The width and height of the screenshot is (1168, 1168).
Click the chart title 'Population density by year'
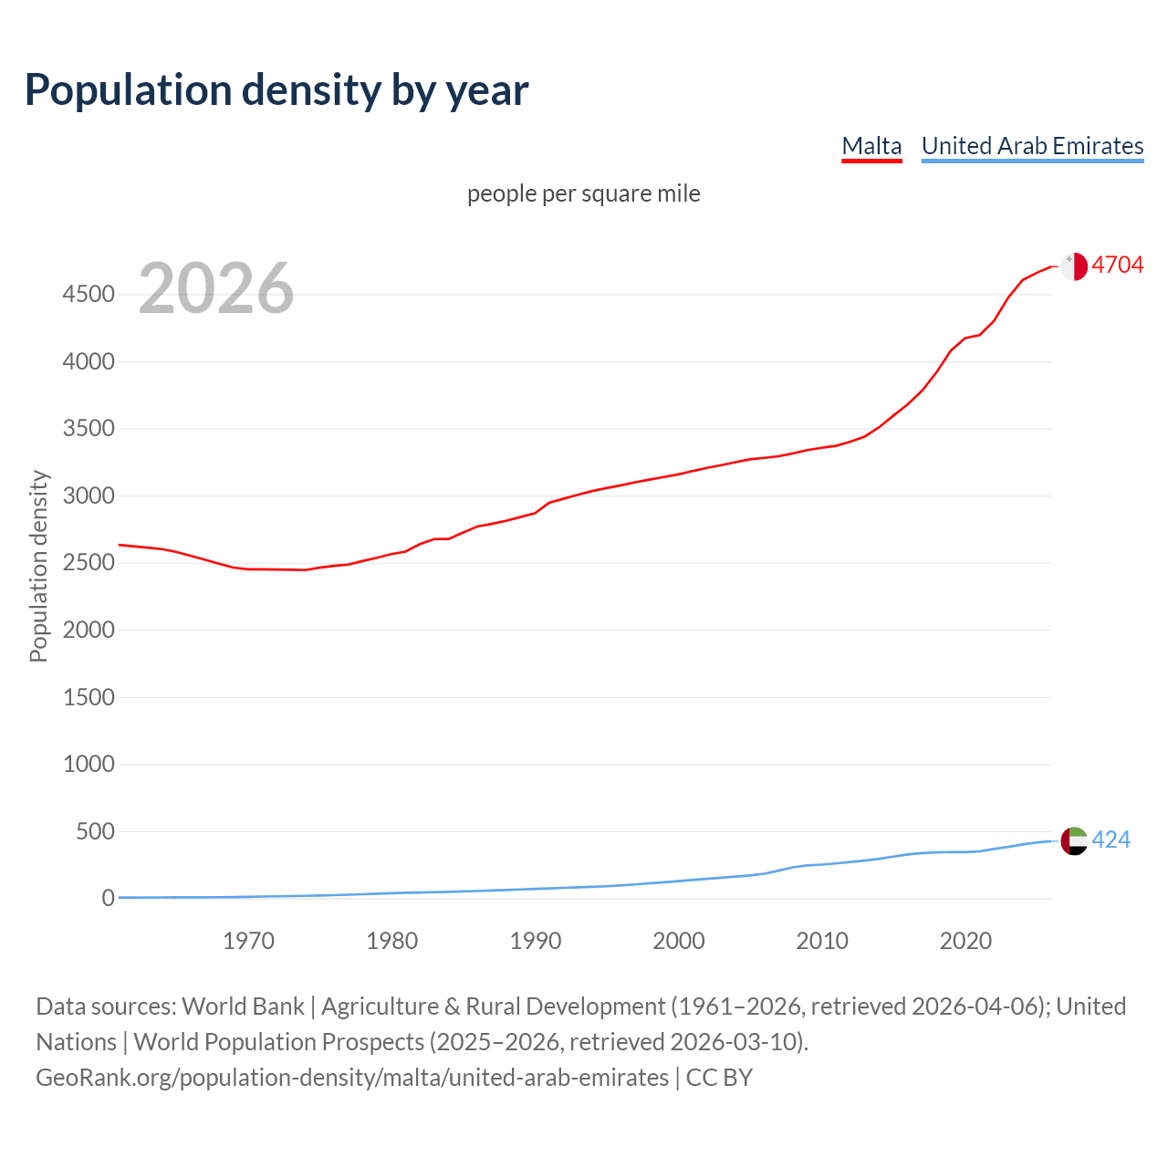click(x=276, y=90)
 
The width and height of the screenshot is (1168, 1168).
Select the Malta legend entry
click(x=871, y=146)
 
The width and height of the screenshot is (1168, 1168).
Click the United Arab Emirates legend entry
click(x=1032, y=146)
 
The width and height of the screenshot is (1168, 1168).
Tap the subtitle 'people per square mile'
click(x=583, y=194)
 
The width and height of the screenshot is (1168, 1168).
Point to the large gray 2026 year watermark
click(x=216, y=288)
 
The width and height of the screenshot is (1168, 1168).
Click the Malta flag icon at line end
click(x=1074, y=266)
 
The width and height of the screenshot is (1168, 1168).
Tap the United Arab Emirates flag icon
click(x=1074, y=840)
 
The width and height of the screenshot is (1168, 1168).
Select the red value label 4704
click(x=1117, y=265)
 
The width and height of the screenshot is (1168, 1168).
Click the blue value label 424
click(x=1111, y=839)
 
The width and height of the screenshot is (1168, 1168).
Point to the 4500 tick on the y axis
click(x=89, y=295)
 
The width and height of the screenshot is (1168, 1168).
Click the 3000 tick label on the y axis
click(x=89, y=496)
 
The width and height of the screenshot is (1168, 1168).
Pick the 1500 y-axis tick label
click(x=89, y=697)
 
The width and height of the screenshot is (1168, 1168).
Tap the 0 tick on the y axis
click(x=109, y=899)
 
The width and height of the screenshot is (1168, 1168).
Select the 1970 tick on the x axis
click(x=248, y=941)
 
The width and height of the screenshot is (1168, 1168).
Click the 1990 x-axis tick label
click(x=536, y=941)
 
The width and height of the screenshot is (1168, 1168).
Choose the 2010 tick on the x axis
click(x=822, y=941)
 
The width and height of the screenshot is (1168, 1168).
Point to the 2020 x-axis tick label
click(x=965, y=941)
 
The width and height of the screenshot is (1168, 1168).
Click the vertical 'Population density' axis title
click(x=38, y=566)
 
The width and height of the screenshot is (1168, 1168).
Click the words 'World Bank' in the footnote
click(x=243, y=1006)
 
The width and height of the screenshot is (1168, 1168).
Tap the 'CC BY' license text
click(x=719, y=1078)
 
